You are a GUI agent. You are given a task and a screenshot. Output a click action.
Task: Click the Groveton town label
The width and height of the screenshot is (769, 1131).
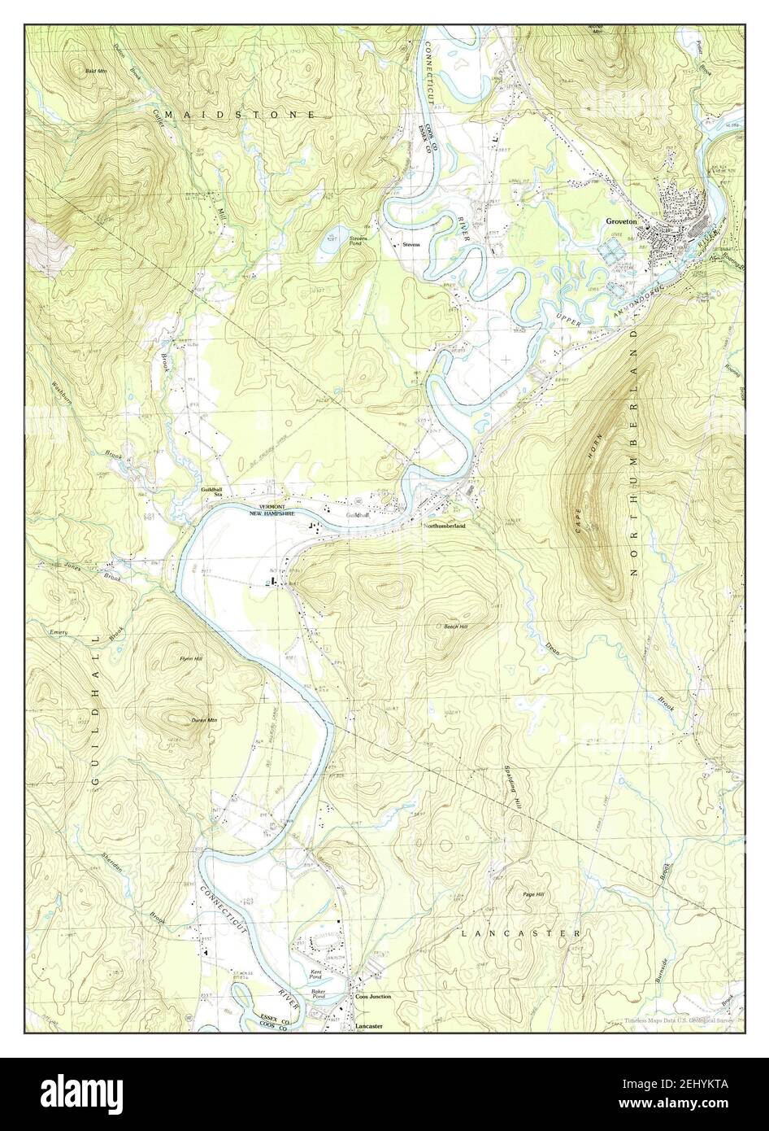pos(623,221)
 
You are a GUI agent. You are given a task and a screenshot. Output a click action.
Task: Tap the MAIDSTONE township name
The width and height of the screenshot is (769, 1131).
pos(240,116)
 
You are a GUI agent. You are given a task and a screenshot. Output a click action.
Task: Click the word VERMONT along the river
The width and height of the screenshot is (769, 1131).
pos(268,507)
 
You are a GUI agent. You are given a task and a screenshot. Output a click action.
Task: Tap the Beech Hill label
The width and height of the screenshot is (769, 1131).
pos(455,627)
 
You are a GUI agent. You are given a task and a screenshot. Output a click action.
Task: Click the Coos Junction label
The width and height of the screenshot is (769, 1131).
pos(373,997)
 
